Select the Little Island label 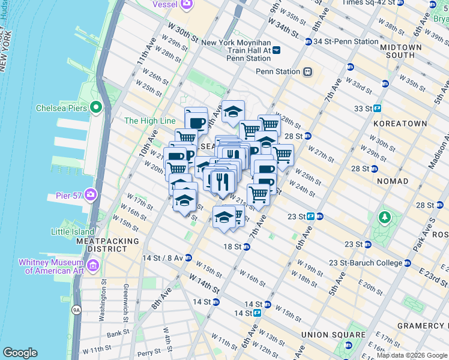(x=73, y=232)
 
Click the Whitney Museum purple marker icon (x=93, y=265)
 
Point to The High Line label (x=149, y=121)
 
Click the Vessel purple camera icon (x=187, y=4)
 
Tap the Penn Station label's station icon (x=307, y=71)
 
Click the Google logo (x=20, y=353)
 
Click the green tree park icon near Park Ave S (x=382, y=217)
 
